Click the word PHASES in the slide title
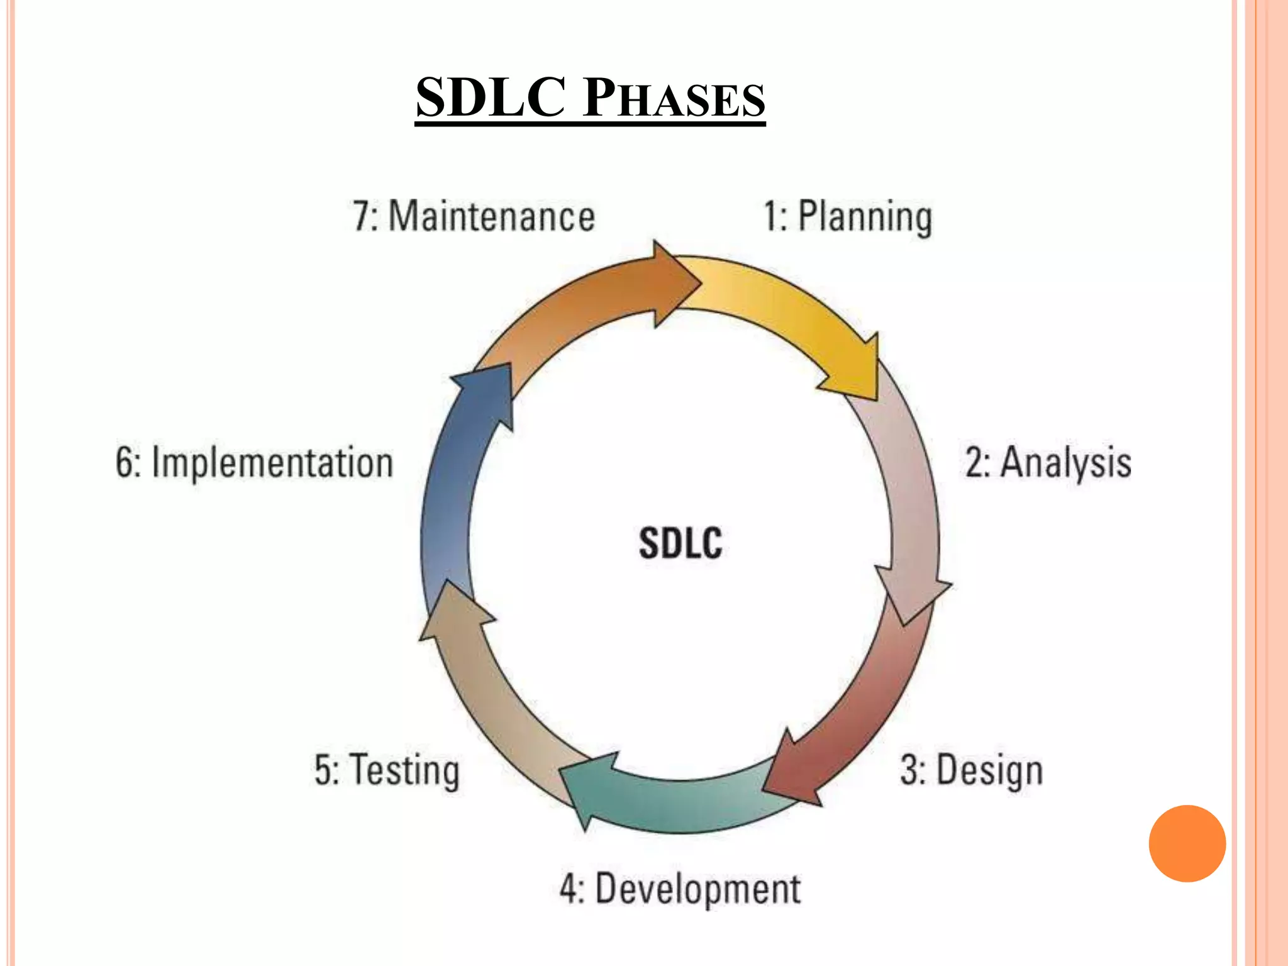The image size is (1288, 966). click(x=674, y=99)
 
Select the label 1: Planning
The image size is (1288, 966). click(x=847, y=216)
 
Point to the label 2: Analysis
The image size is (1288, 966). click(x=1048, y=463)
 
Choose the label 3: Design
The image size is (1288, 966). click(x=972, y=770)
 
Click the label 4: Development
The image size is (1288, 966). click(x=680, y=889)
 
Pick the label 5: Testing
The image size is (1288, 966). click(x=387, y=770)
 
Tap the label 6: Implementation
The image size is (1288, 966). click(x=255, y=463)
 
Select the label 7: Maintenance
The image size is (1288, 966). click(x=474, y=216)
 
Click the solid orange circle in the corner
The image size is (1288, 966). click(x=1187, y=843)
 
